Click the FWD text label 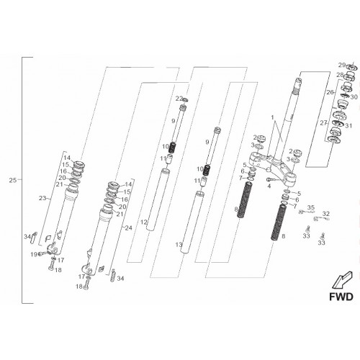pyautogui.click(x=341, y=297)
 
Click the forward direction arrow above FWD pyautogui.click(x=342, y=280)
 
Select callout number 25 pyautogui.click(x=13, y=180)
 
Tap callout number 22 pyautogui.click(x=179, y=99)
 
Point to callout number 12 pyautogui.click(x=143, y=222)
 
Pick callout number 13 pyautogui.click(x=179, y=245)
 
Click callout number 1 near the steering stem pyautogui.click(x=272, y=117)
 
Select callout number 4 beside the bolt pyautogui.click(x=269, y=186)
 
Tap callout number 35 pyautogui.click(x=310, y=207)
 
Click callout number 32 pyautogui.click(x=326, y=213)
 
